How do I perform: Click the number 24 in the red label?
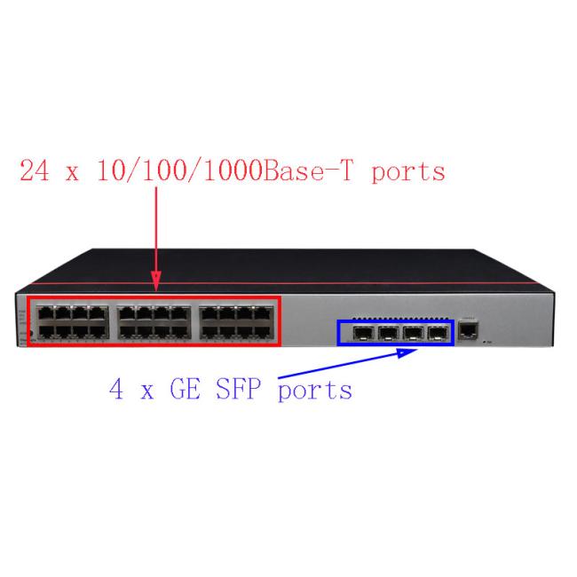35,170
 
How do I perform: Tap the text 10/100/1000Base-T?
225,171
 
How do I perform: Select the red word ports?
408,173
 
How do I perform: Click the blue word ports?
315,391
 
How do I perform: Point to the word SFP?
238,389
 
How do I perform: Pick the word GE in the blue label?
186,389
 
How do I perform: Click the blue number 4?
116,389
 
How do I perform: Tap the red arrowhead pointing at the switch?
156,281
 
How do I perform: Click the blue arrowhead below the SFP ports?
407,353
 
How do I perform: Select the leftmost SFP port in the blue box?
363,334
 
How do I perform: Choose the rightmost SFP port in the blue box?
438,334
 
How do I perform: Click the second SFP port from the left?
388,334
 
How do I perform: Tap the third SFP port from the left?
413,334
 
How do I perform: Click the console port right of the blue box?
468,331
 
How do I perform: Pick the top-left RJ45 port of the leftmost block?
45,313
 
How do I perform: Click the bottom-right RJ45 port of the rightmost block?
263,331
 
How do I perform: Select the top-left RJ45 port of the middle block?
127,313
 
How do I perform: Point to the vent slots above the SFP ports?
400,319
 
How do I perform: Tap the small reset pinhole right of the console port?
485,343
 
